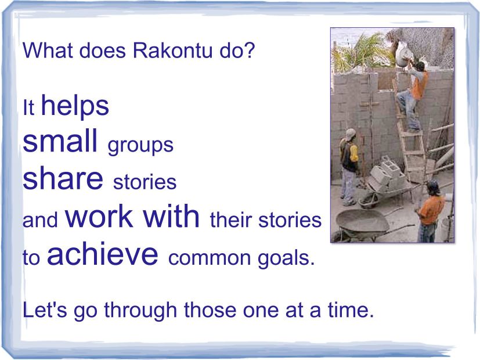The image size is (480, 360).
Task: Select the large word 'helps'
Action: (x=75, y=106)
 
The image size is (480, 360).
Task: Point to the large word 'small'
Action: (x=60, y=141)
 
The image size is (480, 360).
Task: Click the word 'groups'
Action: (x=140, y=146)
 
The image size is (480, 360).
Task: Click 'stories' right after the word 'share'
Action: (x=145, y=182)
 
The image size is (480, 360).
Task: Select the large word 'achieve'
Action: (x=103, y=254)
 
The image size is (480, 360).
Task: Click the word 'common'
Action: (x=210, y=258)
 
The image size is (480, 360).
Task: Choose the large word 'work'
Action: (x=99, y=216)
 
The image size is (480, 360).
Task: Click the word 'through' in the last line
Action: (x=141, y=311)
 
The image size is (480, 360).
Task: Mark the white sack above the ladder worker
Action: (x=404, y=55)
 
